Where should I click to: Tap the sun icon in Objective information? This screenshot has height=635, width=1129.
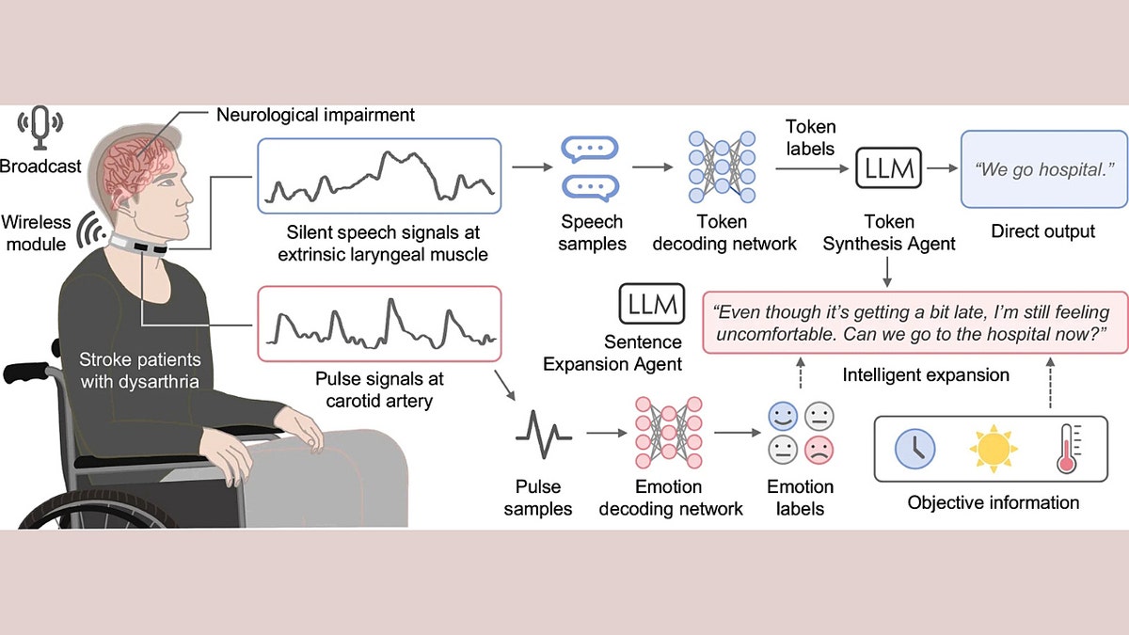tap(994, 449)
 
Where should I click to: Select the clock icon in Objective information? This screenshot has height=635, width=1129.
tap(914, 449)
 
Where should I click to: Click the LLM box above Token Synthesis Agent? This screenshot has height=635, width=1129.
tap(888, 169)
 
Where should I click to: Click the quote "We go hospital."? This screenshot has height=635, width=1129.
tap(1043, 170)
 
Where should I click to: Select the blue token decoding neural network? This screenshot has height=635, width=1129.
tap(722, 167)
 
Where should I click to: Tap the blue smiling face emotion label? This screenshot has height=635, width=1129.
tap(782, 415)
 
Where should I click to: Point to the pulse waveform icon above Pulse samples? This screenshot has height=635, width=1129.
tap(544, 434)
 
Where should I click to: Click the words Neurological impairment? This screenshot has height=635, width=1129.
tap(315, 116)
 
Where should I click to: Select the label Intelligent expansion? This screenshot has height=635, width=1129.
tap(926, 375)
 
